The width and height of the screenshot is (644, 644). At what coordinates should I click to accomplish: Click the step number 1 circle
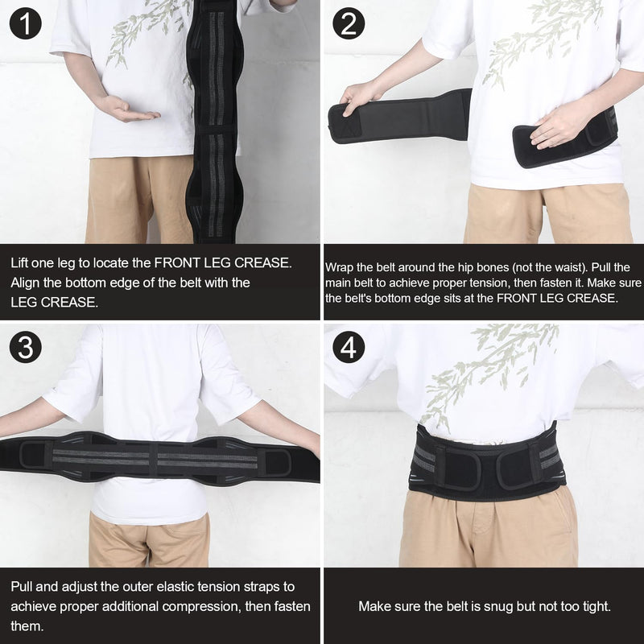click(x=26, y=24)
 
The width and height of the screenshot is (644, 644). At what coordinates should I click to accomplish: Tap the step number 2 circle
click(x=348, y=24)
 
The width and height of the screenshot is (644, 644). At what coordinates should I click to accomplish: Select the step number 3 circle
click(x=26, y=348)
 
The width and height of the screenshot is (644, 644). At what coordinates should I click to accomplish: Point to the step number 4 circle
click(x=348, y=348)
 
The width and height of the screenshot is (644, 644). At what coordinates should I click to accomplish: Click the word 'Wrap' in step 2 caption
click(x=340, y=267)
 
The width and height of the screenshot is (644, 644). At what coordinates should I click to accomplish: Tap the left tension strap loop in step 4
click(x=456, y=468)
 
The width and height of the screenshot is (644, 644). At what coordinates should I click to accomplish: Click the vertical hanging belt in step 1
click(x=214, y=121)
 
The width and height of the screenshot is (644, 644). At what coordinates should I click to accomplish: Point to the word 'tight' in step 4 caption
click(x=584, y=606)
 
